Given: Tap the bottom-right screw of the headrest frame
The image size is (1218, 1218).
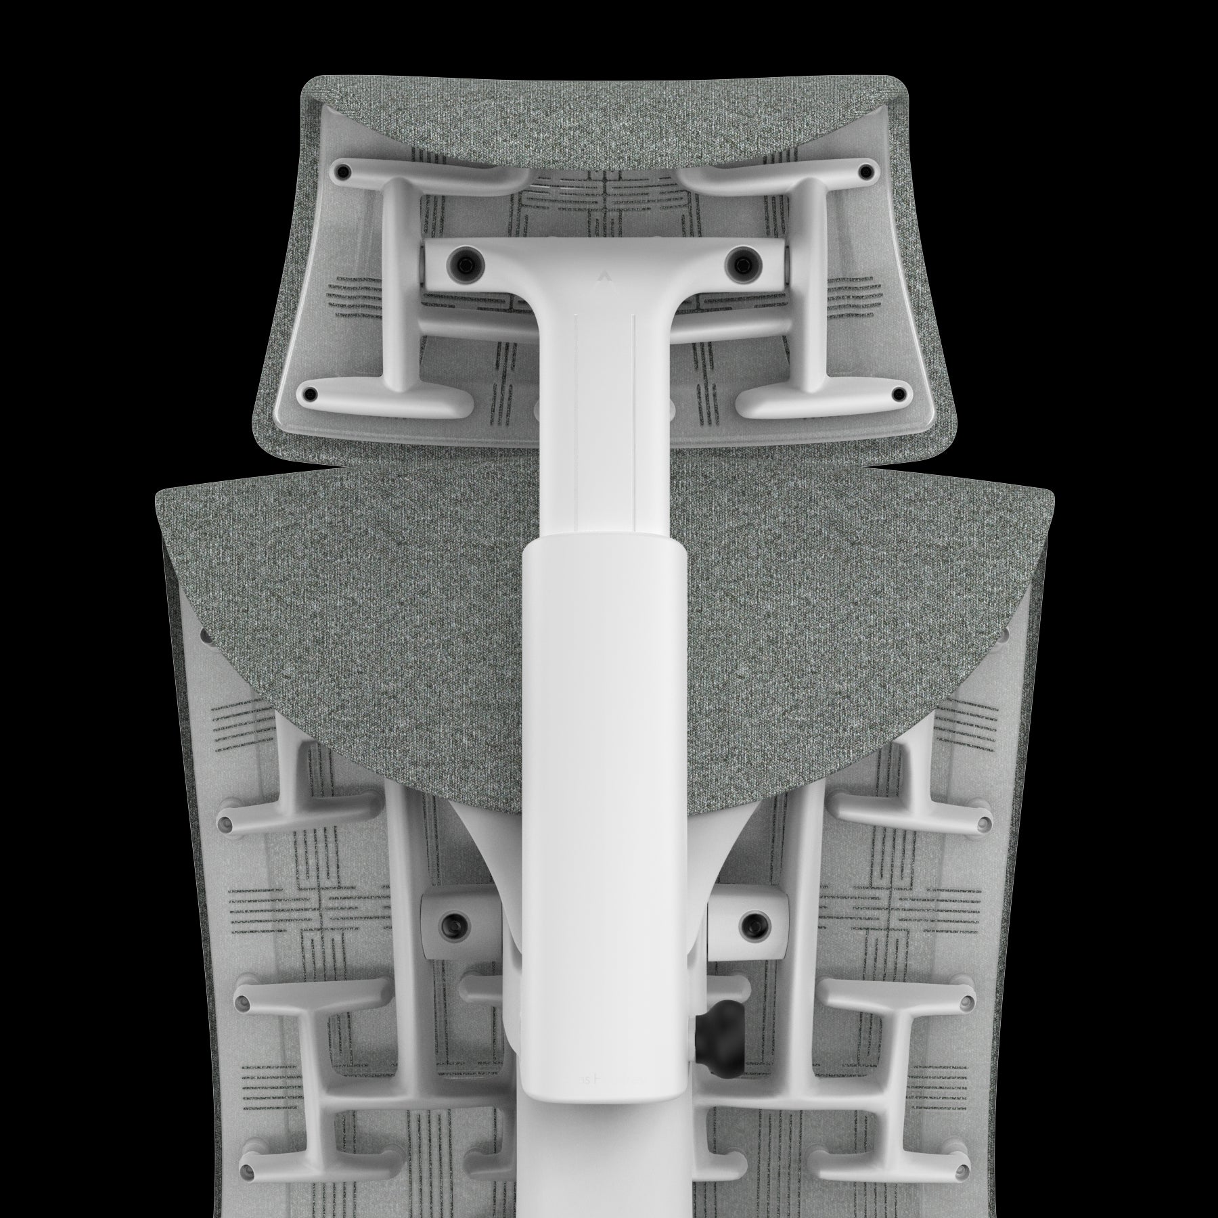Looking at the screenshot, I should click(899, 392).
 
